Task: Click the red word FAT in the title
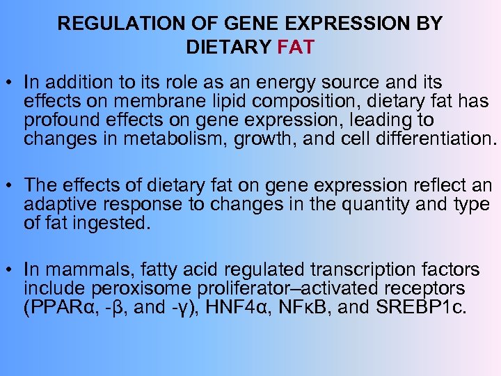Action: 296,48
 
